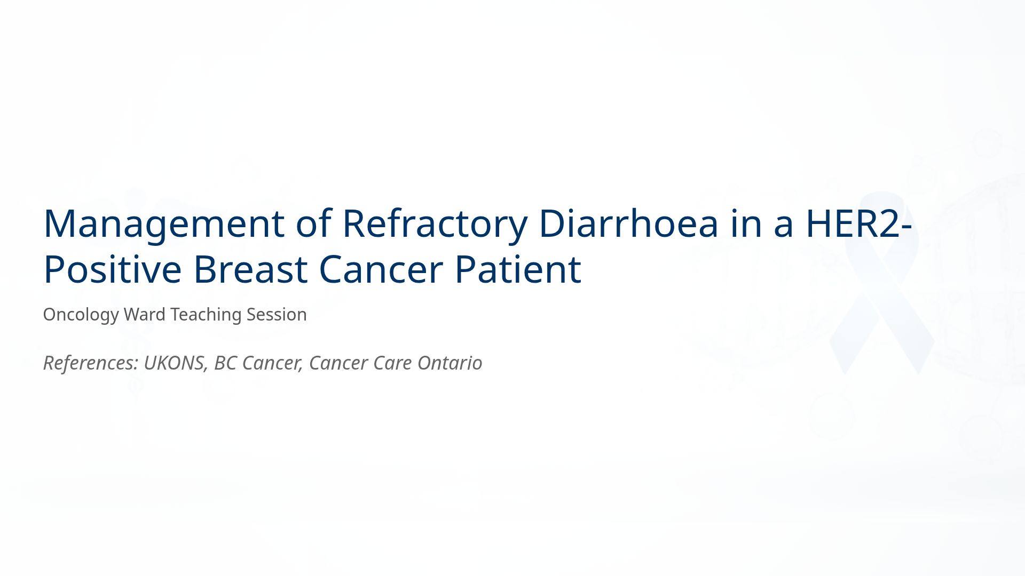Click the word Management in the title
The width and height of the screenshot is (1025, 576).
163,224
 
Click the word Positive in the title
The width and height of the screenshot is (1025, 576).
112,269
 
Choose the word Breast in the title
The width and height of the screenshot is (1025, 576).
250,269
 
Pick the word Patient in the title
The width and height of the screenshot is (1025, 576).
517,269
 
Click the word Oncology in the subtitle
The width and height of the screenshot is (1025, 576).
81,315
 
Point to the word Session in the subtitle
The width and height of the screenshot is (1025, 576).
276,315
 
